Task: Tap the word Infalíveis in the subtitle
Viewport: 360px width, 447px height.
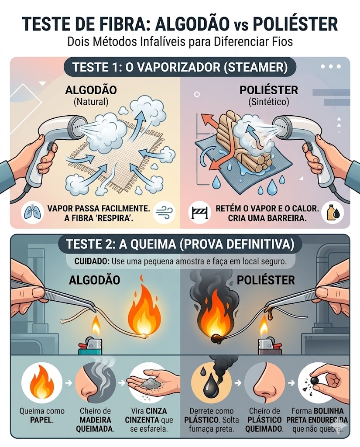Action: click(x=165, y=41)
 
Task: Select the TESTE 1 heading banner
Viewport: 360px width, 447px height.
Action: click(x=180, y=68)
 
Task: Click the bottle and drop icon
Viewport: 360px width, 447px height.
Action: click(x=332, y=213)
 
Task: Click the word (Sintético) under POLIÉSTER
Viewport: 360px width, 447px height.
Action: click(x=268, y=102)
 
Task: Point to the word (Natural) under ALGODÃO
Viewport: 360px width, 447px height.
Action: click(x=91, y=102)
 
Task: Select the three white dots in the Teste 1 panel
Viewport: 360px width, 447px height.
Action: click(x=331, y=66)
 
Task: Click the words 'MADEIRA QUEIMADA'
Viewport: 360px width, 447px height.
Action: click(x=96, y=424)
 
